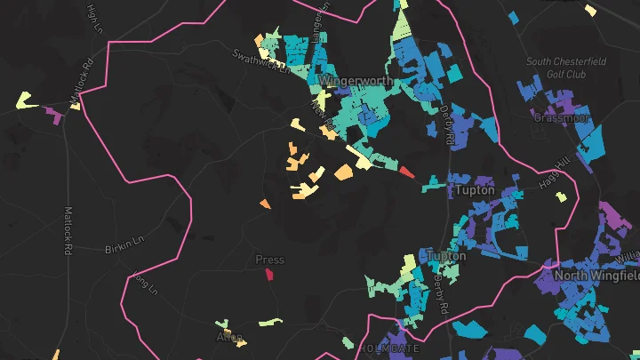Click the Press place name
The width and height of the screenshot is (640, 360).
pyautogui.click(x=269, y=260)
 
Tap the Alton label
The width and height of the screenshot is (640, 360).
pyautogui.click(x=229, y=337)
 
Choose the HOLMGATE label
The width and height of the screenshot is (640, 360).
pyautogui.click(x=388, y=348)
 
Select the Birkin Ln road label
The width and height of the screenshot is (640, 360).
pyautogui.click(x=124, y=244)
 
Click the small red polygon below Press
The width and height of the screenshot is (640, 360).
pyautogui.click(x=268, y=274)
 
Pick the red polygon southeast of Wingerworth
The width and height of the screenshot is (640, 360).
pyautogui.click(x=406, y=172)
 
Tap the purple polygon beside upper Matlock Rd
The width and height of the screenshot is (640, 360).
pyautogui.click(x=53, y=115)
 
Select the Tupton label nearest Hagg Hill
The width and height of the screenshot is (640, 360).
pyautogui.click(x=474, y=190)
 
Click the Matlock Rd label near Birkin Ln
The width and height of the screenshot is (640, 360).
pyautogui.click(x=67, y=231)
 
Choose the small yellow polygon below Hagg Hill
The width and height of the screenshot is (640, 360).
pyautogui.click(x=561, y=196)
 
